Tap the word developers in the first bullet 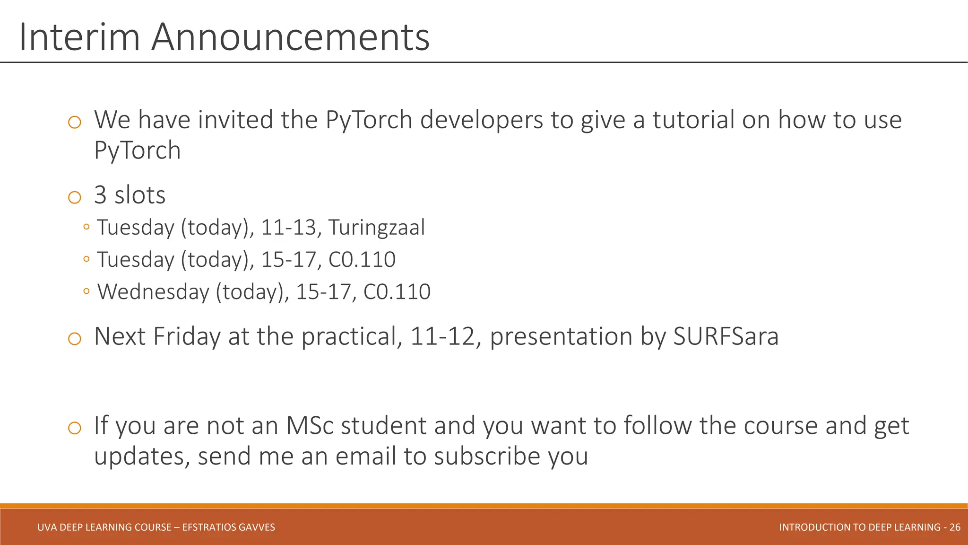tap(481, 120)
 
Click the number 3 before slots tap(100, 195)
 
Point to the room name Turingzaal tap(376, 228)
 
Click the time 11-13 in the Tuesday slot tap(288, 228)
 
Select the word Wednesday tap(153, 292)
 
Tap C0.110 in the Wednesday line tap(397, 292)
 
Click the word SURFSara tap(726, 337)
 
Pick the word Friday tap(187, 337)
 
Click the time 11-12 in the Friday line tap(442, 337)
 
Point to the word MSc tap(310, 425)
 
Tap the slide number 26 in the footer tap(955, 527)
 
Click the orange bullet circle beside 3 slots tap(75, 197)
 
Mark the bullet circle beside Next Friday tap(75, 339)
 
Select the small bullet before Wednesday tap(86, 291)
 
